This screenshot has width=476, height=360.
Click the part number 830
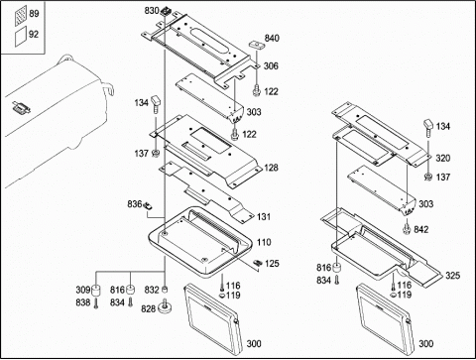click(152, 11)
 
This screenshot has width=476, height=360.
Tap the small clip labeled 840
click(256, 44)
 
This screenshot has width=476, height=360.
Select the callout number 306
click(271, 66)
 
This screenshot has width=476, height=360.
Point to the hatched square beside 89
click(21, 16)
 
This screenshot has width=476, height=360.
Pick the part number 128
click(271, 168)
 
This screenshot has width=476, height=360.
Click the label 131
click(264, 217)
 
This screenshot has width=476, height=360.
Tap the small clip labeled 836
click(148, 205)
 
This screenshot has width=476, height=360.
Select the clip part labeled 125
click(257, 263)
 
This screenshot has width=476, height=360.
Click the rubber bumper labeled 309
click(96, 290)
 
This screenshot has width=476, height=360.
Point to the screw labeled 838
click(96, 302)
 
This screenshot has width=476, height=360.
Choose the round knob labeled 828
click(166, 307)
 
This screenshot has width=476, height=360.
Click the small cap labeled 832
click(165, 290)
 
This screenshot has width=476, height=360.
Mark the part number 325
click(452, 276)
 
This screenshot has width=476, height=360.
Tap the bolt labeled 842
click(407, 228)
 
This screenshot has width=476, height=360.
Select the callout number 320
click(443, 159)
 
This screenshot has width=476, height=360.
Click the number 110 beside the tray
click(264, 242)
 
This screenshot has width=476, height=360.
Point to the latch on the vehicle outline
click(22, 108)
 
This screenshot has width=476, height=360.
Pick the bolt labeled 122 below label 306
click(256, 90)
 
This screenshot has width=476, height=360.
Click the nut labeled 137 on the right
click(428, 178)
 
